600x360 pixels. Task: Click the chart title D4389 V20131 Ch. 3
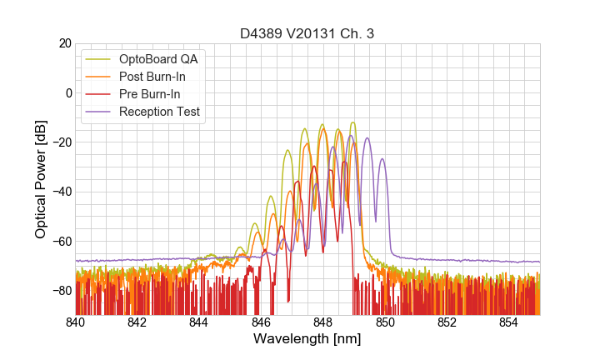click(307, 33)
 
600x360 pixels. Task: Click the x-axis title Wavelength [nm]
click(307, 339)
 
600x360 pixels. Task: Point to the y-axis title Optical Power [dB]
click(41, 178)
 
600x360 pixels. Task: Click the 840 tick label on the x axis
click(76, 322)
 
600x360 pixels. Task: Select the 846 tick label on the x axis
click(262, 322)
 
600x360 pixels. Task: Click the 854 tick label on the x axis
click(509, 322)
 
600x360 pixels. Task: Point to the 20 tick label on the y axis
click(64, 43)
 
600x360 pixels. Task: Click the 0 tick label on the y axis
click(68, 92)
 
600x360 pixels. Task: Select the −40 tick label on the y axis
click(61, 192)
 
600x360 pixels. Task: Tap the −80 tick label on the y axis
click(61, 291)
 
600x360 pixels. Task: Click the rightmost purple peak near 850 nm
click(382, 159)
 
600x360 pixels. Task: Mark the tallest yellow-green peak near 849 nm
click(352, 122)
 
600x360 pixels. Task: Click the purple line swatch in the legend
click(98, 112)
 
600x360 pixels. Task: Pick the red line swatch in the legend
click(98, 94)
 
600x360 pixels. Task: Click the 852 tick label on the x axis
click(447, 322)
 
